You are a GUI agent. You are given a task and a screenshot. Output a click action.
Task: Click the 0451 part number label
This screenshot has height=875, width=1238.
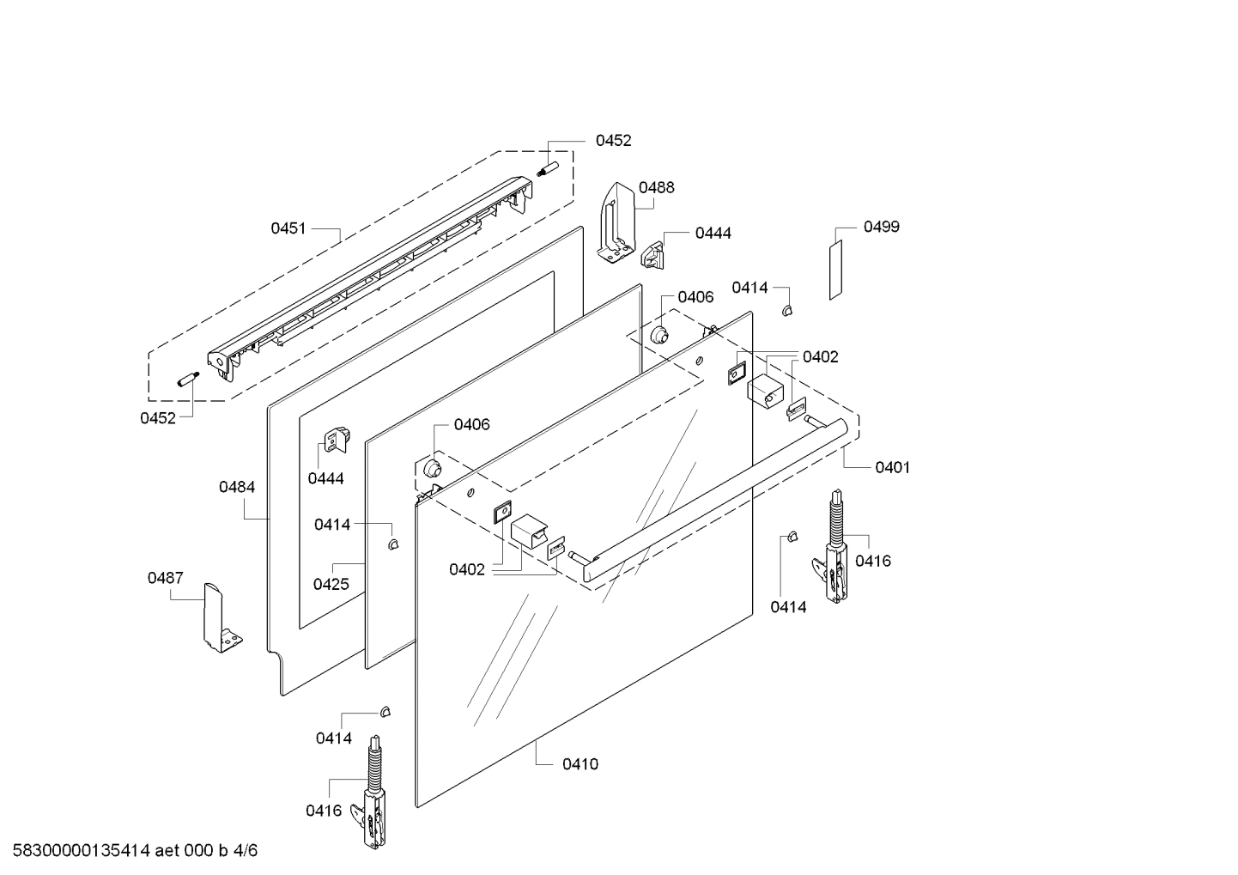[288, 228]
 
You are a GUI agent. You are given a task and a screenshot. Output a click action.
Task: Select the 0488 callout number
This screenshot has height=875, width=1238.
[657, 187]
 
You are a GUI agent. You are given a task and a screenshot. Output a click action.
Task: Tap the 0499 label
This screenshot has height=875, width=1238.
[882, 227]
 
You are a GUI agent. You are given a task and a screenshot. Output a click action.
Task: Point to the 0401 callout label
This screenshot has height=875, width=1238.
[893, 467]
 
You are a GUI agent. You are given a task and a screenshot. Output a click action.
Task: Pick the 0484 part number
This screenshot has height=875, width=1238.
[237, 487]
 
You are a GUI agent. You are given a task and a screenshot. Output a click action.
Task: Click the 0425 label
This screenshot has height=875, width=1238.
[331, 585]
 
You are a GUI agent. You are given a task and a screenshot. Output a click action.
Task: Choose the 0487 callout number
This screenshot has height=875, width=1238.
[165, 578]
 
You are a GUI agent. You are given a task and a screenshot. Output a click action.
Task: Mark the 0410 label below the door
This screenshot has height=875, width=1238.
[580, 764]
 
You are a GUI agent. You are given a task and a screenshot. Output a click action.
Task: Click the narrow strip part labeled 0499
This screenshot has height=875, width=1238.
[835, 270]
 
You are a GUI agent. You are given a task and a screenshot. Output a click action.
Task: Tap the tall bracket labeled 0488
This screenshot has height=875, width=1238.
[616, 223]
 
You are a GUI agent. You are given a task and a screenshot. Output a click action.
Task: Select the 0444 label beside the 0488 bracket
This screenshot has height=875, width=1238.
[713, 233]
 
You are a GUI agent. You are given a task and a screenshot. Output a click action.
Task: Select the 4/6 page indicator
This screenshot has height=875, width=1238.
[246, 851]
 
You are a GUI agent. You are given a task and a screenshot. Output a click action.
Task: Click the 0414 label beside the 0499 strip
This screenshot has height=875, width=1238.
[749, 288]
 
